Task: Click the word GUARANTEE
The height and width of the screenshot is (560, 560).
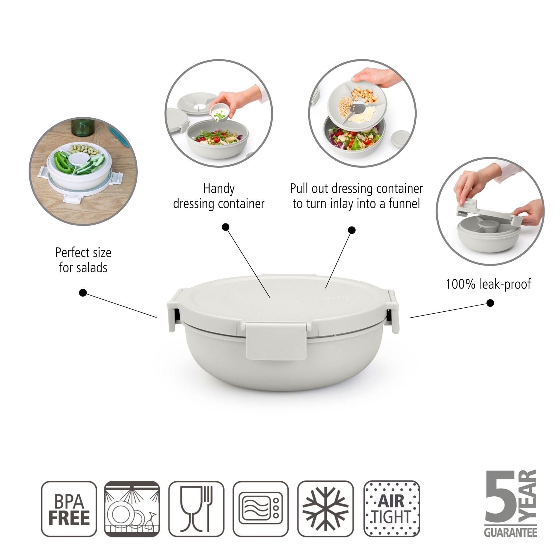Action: tap(511, 532)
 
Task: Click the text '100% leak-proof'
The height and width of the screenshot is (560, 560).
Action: tap(488, 284)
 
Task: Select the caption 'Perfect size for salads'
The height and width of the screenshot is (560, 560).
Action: tap(83, 260)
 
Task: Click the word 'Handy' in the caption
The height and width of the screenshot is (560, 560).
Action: tap(219, 189)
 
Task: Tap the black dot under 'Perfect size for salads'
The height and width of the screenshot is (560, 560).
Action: tap(83, 293)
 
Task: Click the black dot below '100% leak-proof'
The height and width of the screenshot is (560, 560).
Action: tap(490, 303)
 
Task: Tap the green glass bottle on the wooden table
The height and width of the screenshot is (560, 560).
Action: tap(83, 127)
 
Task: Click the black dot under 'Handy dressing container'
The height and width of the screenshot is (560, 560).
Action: tap(225, 227)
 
